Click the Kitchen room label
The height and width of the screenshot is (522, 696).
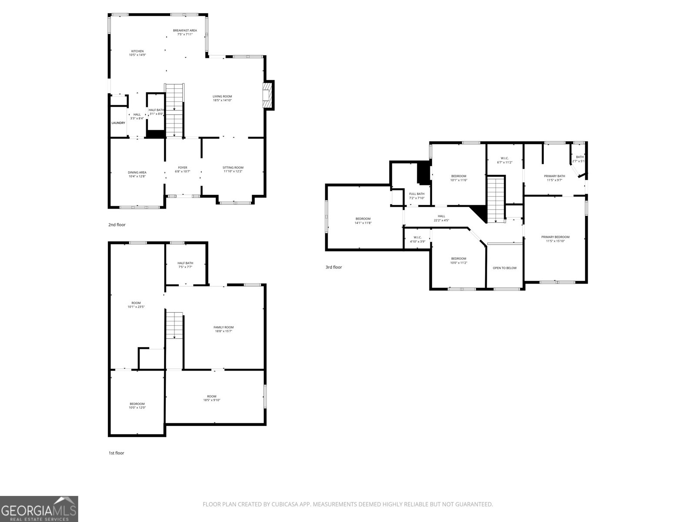tap(137, 51)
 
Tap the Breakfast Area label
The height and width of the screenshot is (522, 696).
tap(185, 30)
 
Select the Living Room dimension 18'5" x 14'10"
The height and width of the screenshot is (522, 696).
tap(222, 100)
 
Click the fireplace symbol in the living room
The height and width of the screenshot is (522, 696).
tap(268, 95)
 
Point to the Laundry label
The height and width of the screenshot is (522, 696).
tap(118, 123)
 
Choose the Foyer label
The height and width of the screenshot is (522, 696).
tap(183, 167)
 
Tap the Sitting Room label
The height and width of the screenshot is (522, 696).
tap(233, 167)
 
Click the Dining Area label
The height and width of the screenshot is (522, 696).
tap(137, 173)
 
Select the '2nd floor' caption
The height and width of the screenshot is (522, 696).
tap(117, 225)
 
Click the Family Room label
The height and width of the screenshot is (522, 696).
tap(224, 328)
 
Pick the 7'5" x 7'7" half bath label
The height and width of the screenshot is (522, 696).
tap(185, 265)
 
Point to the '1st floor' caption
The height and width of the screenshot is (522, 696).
tap(117, 453)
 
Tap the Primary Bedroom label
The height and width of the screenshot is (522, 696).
tap(555, 237)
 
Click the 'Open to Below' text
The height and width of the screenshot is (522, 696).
tap(505, 268)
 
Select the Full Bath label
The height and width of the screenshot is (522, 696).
tap(417, 194)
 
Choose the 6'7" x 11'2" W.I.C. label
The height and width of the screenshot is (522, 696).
tap(505, 161)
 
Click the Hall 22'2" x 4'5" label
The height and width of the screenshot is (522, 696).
tap(442, 218)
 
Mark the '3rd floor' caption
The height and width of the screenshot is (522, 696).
tap(334, 267)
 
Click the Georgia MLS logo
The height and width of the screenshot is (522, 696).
tap(39, 509)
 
